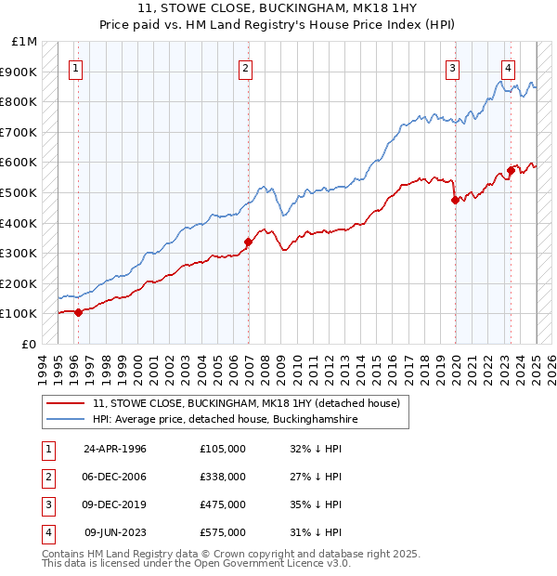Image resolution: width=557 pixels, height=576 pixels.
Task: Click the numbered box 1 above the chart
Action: tap(75, 68)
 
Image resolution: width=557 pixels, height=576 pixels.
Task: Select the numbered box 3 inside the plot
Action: tap(452, 68)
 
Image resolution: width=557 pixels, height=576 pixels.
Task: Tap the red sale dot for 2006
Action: tap(248, 242)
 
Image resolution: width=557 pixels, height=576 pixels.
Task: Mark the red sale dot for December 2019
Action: tap(455, 200)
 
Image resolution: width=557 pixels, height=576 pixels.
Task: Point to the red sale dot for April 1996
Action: tap(78, 312)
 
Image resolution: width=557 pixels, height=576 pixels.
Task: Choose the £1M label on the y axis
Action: tap(25, 42)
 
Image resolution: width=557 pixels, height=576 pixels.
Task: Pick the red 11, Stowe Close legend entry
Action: tap(245, 403)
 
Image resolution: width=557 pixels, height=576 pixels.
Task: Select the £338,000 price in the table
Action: tap(223, 477)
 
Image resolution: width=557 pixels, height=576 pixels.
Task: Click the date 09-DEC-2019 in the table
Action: tap(115, 504)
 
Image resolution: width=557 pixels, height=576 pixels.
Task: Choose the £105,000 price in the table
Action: tap(223, 449)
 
